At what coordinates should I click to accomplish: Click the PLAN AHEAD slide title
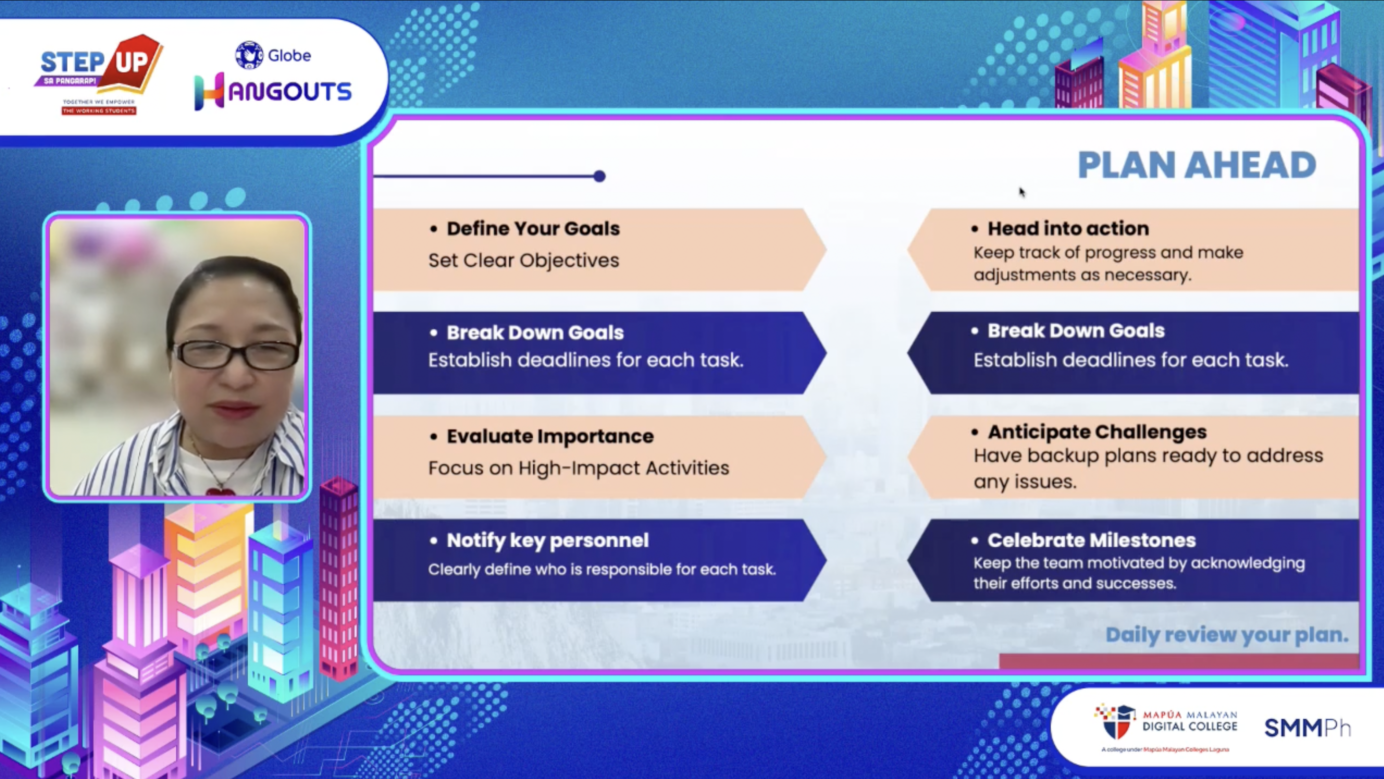[x=1196, y=165]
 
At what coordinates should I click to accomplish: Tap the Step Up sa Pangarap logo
[x=99, y=75]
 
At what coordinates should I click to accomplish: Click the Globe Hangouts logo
[x=273, y=76]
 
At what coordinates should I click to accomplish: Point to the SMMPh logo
[x=1307, y=728]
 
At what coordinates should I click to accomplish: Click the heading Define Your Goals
[x=533, y=228]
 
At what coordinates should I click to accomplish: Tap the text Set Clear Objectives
[x=523, y=260]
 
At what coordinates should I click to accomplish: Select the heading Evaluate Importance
[x=550, y=436]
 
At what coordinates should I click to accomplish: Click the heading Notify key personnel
[x=548, y=540]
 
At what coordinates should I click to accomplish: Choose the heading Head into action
[x=1068, y=228]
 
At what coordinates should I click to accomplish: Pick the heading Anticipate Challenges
[x=1097, y=432]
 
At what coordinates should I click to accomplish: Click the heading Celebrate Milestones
[x=1091, y=540]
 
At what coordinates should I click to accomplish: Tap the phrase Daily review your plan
[x=1227, y=635]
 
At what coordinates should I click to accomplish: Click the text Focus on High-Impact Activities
[x=579, y=468]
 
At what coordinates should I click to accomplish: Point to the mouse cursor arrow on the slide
[x=1021, y=192]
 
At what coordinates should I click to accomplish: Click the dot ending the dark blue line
[x=600, y=176]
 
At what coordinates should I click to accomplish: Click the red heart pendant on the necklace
[x=220, y=491]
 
